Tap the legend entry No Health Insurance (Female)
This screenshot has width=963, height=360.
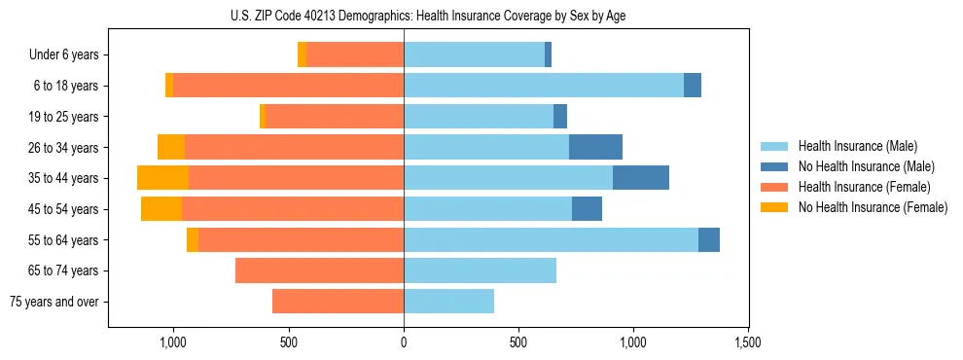[872, 207]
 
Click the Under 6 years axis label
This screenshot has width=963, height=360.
[63, 55]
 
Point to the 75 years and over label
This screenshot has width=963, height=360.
[54, 302]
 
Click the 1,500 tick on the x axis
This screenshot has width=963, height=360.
[748, 342]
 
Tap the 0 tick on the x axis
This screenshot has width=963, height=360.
[404, 342]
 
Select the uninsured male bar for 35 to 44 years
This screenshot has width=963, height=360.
[641, 178]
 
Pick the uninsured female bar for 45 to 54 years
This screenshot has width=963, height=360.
[161, 208]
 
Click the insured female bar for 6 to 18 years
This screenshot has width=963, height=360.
[288, 86]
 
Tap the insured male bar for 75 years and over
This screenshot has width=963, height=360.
[448, 302]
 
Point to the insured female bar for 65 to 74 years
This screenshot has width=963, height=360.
[319, 270]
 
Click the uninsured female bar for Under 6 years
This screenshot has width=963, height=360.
[303, 55]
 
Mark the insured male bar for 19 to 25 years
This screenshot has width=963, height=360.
[479, 117]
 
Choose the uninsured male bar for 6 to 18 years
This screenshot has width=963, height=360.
[693, 86]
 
